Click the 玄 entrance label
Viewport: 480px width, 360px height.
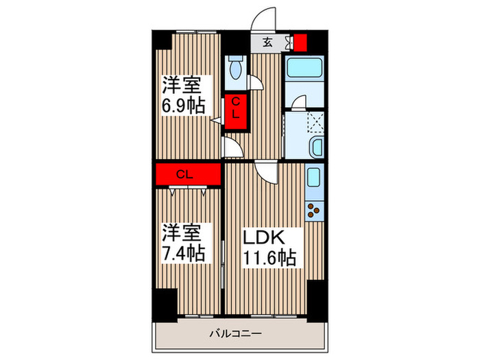(268, 42)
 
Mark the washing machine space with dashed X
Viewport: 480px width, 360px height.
(314, 121)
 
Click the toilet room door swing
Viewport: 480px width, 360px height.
(255, 82)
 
